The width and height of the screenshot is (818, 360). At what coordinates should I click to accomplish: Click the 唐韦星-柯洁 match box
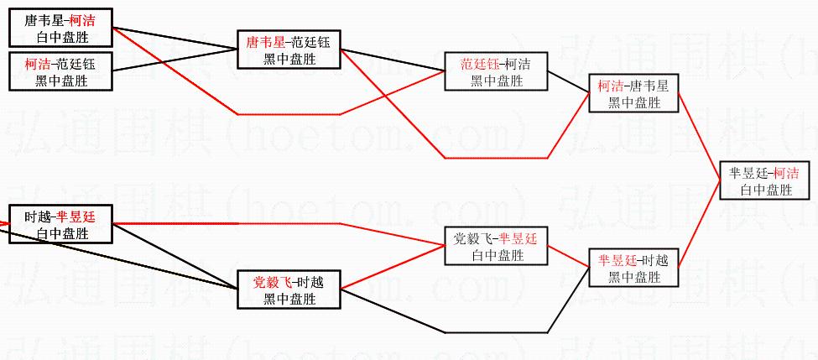click(61, 28)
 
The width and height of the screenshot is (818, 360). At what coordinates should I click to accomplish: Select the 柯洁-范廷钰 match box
click(61, 71)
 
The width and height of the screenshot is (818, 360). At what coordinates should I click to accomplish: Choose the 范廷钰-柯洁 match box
click(497, 72)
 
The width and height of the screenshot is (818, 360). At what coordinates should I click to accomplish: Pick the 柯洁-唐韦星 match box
click(634, 93)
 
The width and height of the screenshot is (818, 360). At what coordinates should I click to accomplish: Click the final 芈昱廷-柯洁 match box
click(766, 180)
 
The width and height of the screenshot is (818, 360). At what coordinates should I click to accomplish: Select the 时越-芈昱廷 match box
click(61, 224)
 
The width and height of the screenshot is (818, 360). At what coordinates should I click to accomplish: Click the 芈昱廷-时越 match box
click(634, 269)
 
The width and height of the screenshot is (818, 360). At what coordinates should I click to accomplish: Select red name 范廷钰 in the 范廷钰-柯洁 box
click(479, 64)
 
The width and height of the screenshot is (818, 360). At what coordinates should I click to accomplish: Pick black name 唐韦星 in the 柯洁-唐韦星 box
click(648, 85)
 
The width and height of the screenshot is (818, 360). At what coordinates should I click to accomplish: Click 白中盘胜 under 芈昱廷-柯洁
click(766, 190)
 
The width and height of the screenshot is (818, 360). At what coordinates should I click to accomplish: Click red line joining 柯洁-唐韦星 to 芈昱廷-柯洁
click(698, 130)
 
